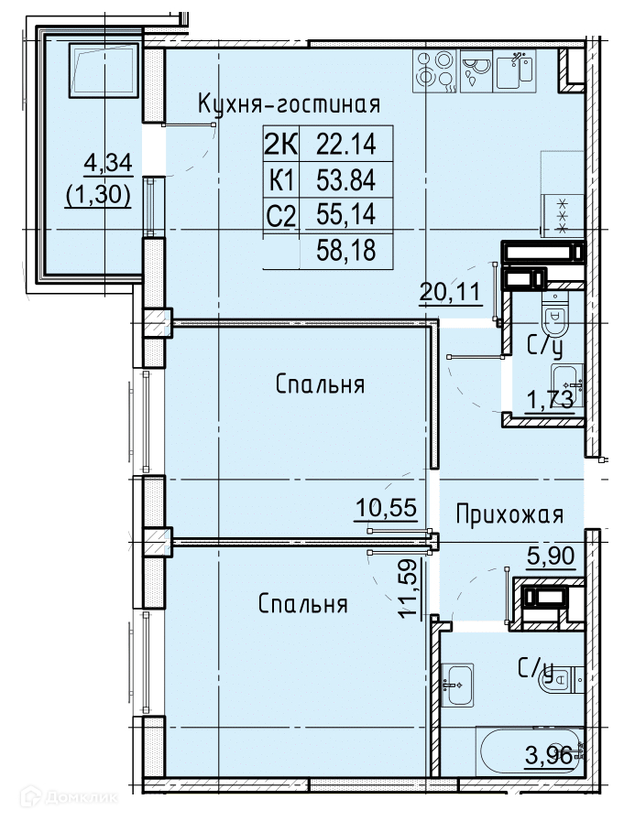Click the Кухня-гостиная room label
coord(289,104)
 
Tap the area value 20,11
coord(451,291)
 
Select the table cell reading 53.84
coord(346,180)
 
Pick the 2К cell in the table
coord(281,144)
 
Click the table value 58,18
coord(346,251)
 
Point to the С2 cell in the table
coord(281,215)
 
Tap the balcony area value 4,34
coord(108,163)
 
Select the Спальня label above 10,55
coord(320,384)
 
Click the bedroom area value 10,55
coord(387,507)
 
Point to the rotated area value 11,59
coord(410,589)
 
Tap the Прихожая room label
coord(509,514)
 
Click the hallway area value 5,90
coord(551,555)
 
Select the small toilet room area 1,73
coord(550,401)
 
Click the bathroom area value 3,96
coord(550,756)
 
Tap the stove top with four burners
coord(434,70)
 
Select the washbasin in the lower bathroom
coord(457,685)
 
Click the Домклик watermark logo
coord(69,797)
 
